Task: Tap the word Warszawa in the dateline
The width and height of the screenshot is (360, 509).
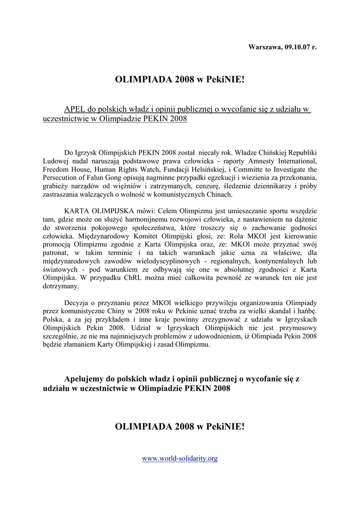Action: (265, 47)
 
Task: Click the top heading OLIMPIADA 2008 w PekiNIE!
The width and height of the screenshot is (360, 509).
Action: (180, 80)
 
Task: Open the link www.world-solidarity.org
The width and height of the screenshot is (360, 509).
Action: (180, 458)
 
